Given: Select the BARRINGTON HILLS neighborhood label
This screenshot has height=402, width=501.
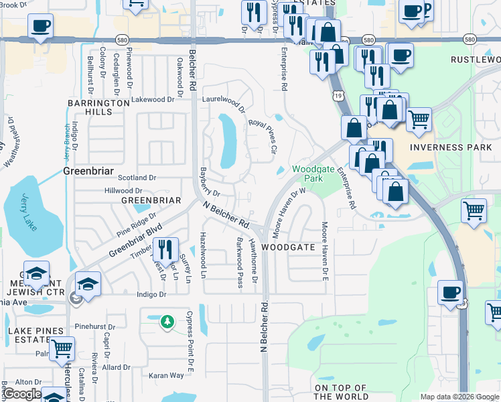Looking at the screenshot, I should click(98, 107).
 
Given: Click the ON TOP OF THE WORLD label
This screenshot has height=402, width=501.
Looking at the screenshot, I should click(340, 392).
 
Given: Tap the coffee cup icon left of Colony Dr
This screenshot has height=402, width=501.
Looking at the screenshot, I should click(40, 27).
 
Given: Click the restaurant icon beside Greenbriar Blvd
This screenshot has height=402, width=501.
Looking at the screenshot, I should click(165, 250).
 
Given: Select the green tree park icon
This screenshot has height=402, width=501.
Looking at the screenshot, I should click(167, 323).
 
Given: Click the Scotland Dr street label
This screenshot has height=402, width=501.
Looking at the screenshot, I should click(137, 178).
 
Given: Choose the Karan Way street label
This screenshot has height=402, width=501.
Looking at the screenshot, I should click(166, 376).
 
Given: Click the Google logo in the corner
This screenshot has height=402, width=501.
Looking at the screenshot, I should click(22, 394).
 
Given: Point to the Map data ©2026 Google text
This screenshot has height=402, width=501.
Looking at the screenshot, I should click(459, 397).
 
